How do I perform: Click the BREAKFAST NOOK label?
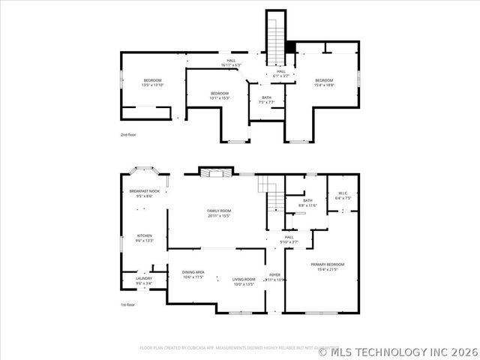(x=145, y=191)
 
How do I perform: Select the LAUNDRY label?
(x=144, y=278)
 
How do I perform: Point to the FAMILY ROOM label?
(x=218, y=211)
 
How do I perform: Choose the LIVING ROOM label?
(x=244, y=279)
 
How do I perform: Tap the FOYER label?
(x=274, y=274)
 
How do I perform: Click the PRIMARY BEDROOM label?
(x=328, y=265)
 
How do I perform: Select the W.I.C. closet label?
(x=343, y=193)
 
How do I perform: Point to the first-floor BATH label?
(x=307, y=200)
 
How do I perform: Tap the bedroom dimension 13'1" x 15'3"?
(x=220, y=97)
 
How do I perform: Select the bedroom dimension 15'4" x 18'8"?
(x=324, y=85)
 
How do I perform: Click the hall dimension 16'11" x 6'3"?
(x=232, y=65)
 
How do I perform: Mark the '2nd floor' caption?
(x=128, y=134)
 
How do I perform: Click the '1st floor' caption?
(x=128, y=304)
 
